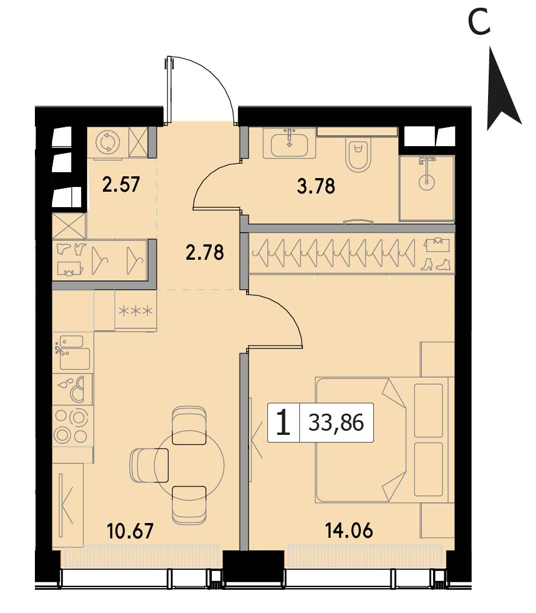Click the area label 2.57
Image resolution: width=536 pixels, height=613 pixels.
point(121,185)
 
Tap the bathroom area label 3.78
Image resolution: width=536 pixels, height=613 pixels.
point(316,186)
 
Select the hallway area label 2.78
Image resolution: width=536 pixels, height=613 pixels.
point(205,252)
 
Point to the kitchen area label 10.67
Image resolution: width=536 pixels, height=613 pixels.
point(131,531)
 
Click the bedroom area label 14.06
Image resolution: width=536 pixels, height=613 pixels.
point(349,531)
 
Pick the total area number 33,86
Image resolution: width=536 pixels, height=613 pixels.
point(336,422)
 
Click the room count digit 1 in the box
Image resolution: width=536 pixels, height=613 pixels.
point(283,422)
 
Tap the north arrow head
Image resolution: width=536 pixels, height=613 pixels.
point(503,90)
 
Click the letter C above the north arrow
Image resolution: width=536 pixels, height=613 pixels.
point(479,22)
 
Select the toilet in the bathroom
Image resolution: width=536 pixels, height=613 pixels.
point(358,155)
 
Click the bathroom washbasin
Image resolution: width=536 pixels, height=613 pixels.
point(289,143)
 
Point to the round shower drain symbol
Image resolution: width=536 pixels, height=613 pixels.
point(426,182)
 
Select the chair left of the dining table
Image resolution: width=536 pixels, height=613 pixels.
point(149,465)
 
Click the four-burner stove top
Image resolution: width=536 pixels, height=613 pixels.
point(73,426)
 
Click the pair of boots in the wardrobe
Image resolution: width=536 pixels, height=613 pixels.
point(436,264)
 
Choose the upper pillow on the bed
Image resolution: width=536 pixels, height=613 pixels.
point(428,410)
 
